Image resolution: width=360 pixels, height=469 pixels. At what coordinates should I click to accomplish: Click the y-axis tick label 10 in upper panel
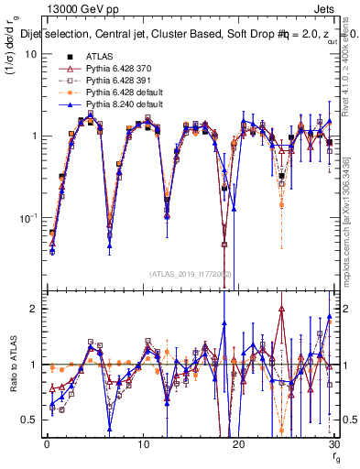pyautogui.click(x=30, y=53)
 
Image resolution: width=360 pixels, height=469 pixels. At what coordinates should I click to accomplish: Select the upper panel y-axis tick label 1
pyautogui.click(x=33, y=136)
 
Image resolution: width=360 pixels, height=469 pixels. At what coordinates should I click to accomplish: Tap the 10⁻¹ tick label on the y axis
pyautogui.click(x=27, y=217)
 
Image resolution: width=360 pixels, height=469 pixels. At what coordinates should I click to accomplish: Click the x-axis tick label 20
pyautogui.click(x=238, y=443)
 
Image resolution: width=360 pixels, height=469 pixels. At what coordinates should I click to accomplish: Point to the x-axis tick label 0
pyautogui.click(x=47, y=443)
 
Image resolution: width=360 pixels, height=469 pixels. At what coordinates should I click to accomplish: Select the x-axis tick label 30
pyautogui.click(x=333, y=443)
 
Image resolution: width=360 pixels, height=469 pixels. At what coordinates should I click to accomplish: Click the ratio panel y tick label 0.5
pyautogui.click(x=28, y=419)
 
